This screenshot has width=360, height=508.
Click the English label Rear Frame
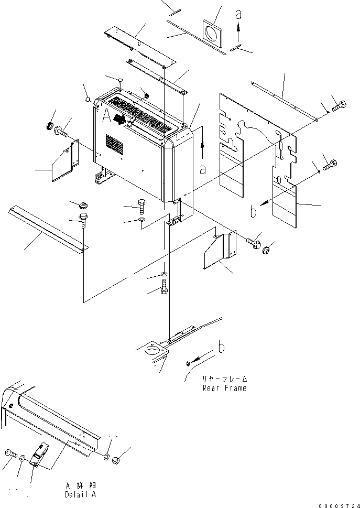click(x=224, y=388)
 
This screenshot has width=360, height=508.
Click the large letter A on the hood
click(x=106, y=116)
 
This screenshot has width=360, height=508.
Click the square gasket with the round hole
click(x=212, y=35)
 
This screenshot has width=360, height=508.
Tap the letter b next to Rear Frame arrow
click(x=222, y=347)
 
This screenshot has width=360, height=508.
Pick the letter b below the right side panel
click(x=254, y=211)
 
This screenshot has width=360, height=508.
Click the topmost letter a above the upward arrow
click(x=238, y=15)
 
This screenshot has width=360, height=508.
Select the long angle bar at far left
click(x=48, y=229)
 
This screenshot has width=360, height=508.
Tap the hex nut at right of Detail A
click(x=116, y=460)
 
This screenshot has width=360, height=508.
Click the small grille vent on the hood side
click(x=114, y=145)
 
